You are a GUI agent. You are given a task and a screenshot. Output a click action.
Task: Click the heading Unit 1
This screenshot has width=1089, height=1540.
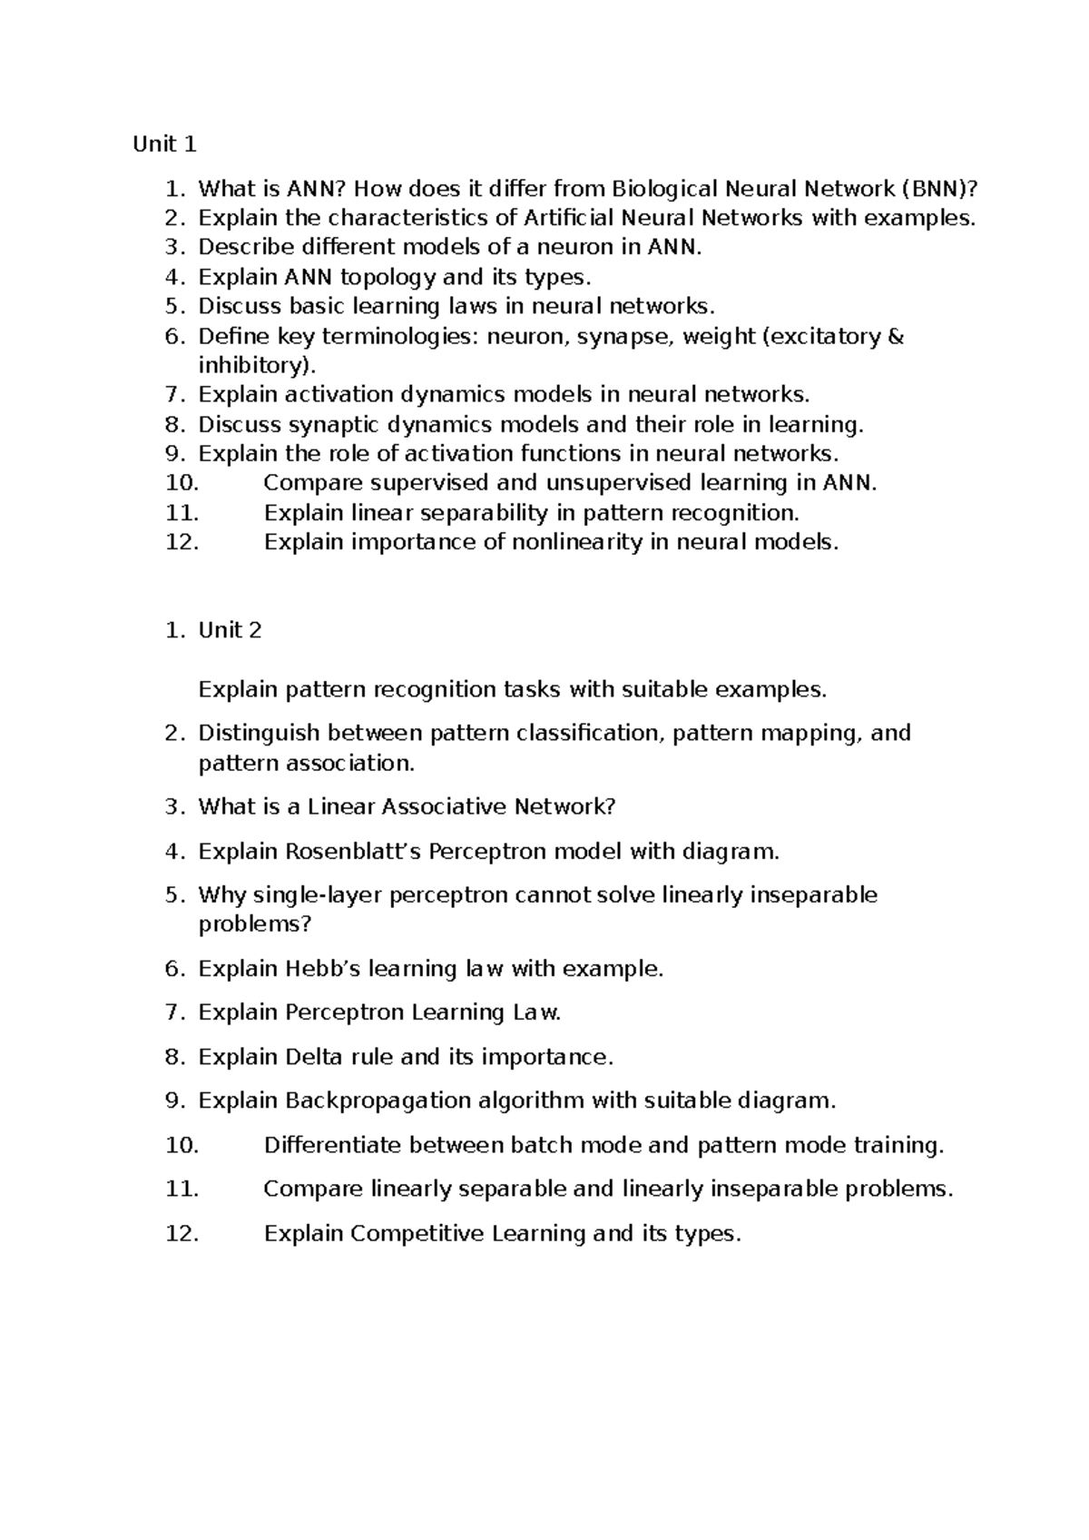click(164, 144)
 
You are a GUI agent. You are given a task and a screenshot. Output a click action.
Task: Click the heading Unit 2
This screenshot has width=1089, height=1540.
click(230, 630)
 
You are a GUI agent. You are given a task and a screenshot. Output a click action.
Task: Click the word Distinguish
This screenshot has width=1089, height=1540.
click(260, 733)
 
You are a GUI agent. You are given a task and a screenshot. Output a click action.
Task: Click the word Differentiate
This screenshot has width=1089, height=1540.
click(332, 1145)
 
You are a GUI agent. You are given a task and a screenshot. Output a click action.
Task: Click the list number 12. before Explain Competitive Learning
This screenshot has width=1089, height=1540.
click(182, 1233)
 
